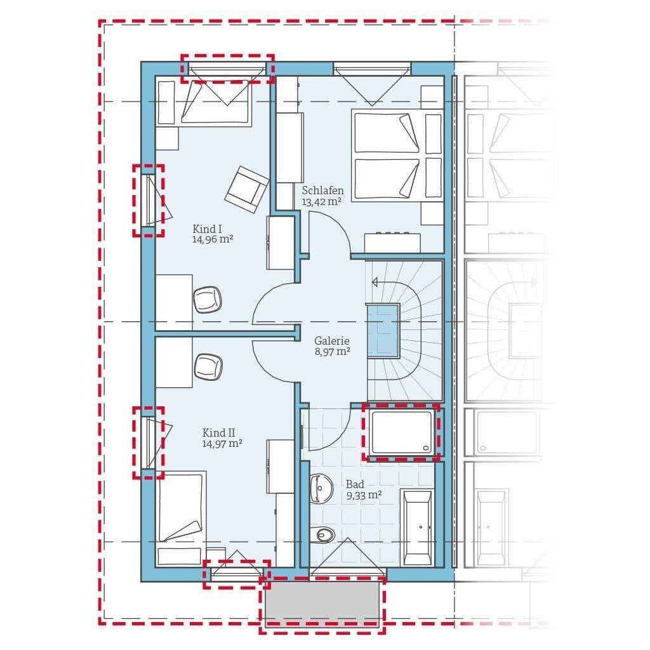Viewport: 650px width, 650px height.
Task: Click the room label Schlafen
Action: (x=322, y=190)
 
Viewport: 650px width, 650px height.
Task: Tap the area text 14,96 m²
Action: (x=213, y=239)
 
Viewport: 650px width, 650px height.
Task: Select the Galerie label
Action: (x=331, y=341)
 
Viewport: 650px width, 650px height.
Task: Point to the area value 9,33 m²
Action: (x=364, y=494)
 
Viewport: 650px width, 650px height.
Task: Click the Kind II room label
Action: (x=218, y=433)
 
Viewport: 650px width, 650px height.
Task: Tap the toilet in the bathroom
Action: (x=323, y=534)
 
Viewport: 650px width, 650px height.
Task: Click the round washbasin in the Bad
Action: (x=321, y=489)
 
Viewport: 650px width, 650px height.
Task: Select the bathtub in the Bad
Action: (x=418, y=527)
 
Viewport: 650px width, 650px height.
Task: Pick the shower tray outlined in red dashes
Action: (x=401, y=432)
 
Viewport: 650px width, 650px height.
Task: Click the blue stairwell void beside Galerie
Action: (x=383, y=330)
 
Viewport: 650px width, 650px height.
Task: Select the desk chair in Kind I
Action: (x=208, y=300)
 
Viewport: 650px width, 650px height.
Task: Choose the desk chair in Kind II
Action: (x=208, y=367)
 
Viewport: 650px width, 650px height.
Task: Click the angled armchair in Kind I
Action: (x=247, y=189)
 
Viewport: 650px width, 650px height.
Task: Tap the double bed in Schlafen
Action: (x=397, y=156)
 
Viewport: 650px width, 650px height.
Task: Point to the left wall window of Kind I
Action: (x=149, y=201)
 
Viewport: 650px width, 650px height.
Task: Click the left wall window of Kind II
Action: (x=149, y=442)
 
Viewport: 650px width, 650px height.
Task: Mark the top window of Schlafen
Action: (x=372, y=69)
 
